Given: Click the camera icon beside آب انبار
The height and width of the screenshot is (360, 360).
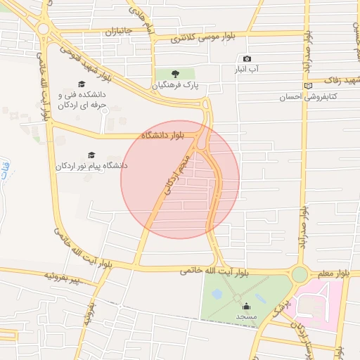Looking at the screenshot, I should (x=246, y=59).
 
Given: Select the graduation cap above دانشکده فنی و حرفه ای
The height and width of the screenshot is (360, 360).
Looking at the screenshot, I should (x=91, y=84).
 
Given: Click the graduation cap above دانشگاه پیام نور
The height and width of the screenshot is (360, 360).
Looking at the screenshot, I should (x=91, y=155).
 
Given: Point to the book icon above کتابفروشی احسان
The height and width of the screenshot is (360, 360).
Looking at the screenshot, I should (x=307, y=86).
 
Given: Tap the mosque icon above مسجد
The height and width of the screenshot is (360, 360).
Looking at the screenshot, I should (x=245, y=306).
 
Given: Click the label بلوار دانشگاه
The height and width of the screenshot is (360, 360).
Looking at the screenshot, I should (x=164, y=134).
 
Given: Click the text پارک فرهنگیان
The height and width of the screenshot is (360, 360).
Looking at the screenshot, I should (x=176, y=85).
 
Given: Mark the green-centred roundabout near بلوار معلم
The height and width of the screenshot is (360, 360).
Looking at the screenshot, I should (x=300, y=274).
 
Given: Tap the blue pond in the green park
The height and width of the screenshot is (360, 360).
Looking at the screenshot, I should (x=217, y=293).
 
